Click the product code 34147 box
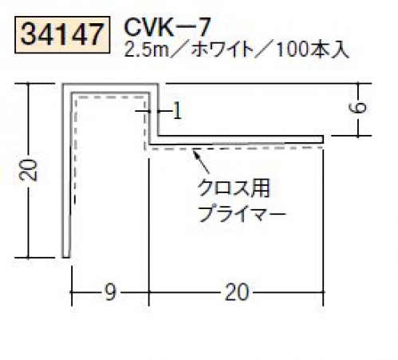[x=62, y=34]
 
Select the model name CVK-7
[x=167, y=26]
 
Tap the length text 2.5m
[x=147, y=49]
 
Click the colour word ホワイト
[x=222, y=49]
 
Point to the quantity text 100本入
[x=312, y=49]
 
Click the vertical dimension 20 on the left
[x=28, y=170]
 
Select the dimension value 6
[x=357, y=108]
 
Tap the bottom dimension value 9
[x=110, y=292]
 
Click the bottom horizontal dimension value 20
[x=237, y=292]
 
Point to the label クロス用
[x=234, y=188]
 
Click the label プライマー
[x=242, y=214]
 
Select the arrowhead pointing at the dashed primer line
[x=196, y=154]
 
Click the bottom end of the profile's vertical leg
[x=66, y=257]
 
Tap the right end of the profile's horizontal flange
[x=323, y=140]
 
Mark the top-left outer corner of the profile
[x=63, y=84]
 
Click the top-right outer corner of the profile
[x=159, y=84]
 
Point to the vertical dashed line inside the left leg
[x=75, y=150]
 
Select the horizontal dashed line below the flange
[x=234, y=148]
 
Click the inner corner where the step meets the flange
[x=159, y=136]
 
